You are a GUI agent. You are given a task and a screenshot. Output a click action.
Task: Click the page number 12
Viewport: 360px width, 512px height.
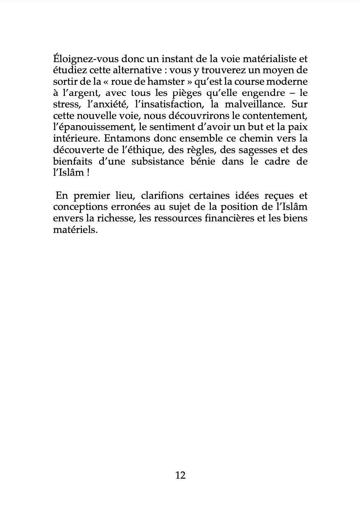pos(180,475)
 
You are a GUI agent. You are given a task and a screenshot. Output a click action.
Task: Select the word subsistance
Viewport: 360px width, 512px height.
pos(158,161)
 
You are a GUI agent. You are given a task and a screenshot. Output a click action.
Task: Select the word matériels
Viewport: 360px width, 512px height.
pos(75,229)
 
